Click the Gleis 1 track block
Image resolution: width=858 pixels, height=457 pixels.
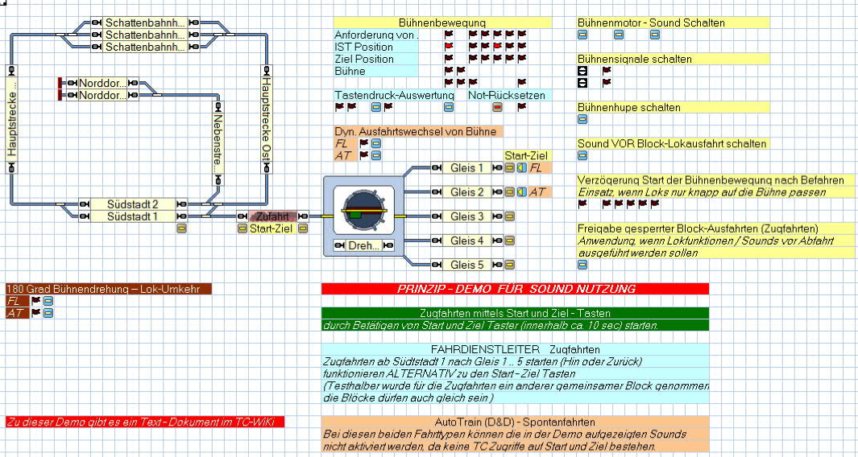pyautogui.click(x=467, y=168)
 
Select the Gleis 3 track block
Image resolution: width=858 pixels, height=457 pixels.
pyautogui.click(x=467, y=216)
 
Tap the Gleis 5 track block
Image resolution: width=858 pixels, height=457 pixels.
pyautogui.click(x=467, y=265)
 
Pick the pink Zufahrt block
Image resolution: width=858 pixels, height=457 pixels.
pyautogui.click(x=272, y=216)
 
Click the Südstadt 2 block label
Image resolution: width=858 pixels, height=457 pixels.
pyautogui.click(x=132, y=204)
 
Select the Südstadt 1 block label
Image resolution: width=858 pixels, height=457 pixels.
pyautogui.click(x=132, y=216)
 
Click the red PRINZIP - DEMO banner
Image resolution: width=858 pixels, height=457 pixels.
pyautogui.click(x=515, y=289)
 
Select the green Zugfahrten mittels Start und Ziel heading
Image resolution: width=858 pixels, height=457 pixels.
pyautogui.click(x=515, y=313)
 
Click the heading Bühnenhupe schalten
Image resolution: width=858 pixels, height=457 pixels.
pyautogui.click(x=629, y=108)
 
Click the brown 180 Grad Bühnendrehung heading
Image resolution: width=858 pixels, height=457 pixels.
pyautogui.click(x=108, y=289)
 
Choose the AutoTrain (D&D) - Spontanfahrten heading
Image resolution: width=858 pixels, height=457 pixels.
pyautogui.click(x=515, y=422)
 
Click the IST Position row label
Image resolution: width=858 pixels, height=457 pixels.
pyautogui.click(x=364, y=47)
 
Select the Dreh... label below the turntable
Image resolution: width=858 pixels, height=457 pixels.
pyautogui.click(x=363, y=245)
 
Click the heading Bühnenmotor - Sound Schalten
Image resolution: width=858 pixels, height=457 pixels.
pyautogui.click(x=651, y=23)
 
